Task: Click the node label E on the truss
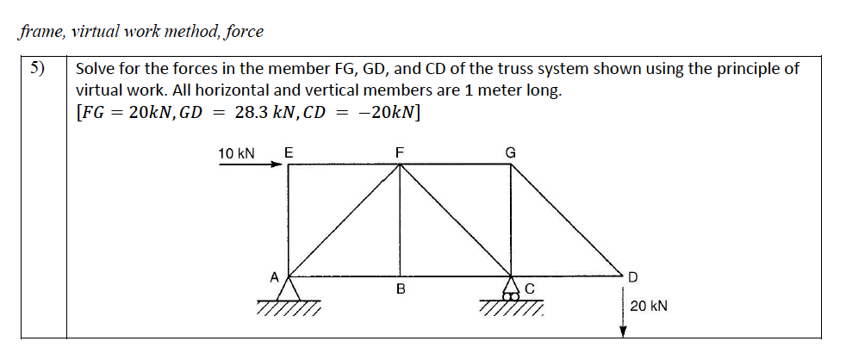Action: tap(288, 152)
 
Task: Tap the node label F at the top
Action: tap(399, 152)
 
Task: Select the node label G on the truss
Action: tap(510, 152)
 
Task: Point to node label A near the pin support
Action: tap(274, 276)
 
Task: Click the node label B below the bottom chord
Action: tap(400, 289)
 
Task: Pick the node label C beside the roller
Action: tap(530, 289)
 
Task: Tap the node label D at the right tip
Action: tap(633, 276)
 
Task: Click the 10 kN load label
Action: tap(236, 153)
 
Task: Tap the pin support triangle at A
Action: tap(288, 288)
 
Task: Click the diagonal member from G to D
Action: tap(569, 220)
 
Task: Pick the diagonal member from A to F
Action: tap(343, 220)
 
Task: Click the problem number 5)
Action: tap(37, 69)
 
